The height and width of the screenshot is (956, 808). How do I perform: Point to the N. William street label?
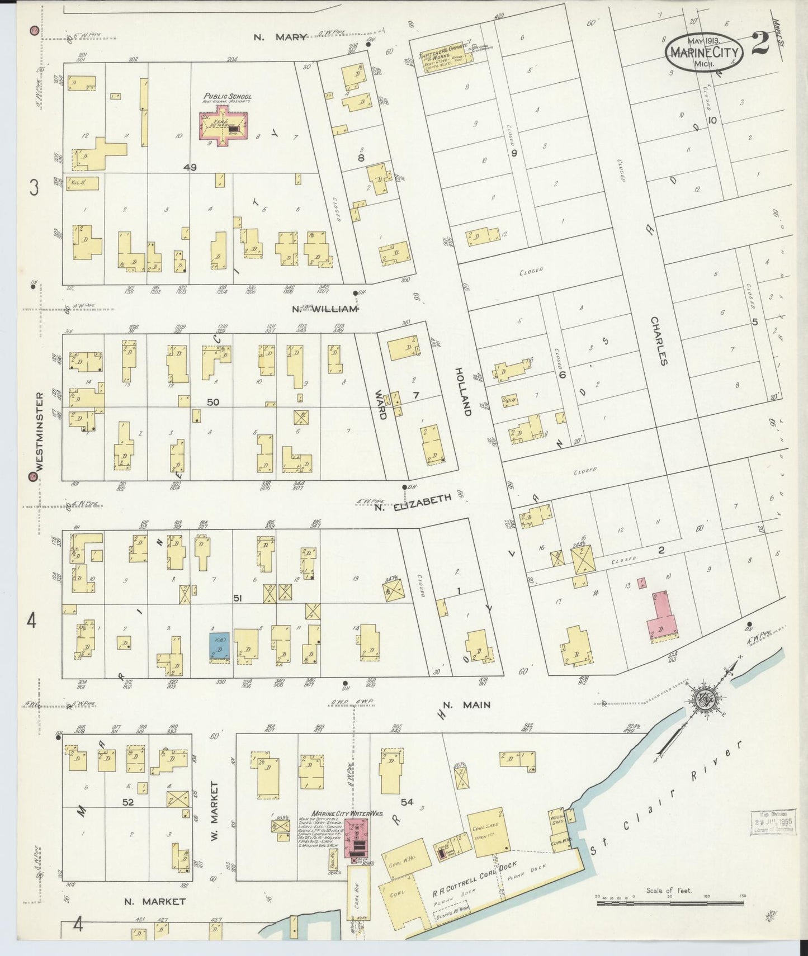[325, 308]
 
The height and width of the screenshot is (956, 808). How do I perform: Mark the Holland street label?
[463, 391]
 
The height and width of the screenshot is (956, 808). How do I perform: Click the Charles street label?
[659, 341]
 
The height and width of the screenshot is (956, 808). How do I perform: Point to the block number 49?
[190, 167]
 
